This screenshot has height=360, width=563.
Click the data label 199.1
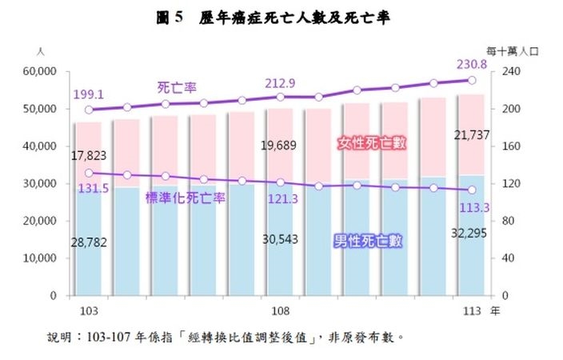tap(88, 94)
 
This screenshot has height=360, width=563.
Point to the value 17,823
tap(88, 155)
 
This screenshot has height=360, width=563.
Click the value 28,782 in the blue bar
tap(88, 240)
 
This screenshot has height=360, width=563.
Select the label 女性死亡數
tap(373, 143)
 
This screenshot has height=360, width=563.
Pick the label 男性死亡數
tap(369, 238)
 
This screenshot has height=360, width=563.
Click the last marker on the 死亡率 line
tap(472, 80)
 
